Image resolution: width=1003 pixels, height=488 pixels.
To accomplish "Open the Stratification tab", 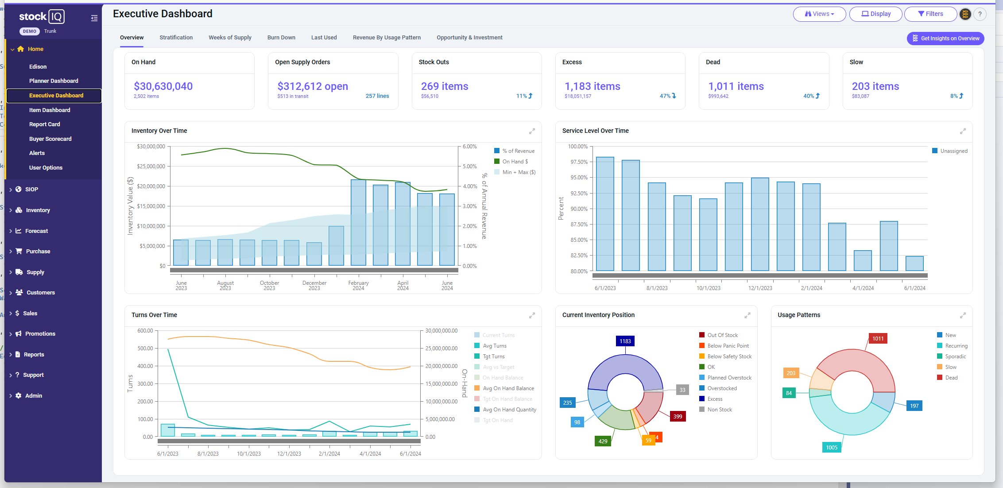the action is click(x=176, y=38).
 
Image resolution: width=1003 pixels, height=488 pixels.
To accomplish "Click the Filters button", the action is click(x=930, y=14).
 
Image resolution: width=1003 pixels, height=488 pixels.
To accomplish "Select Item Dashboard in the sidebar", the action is click(x=50, y=110).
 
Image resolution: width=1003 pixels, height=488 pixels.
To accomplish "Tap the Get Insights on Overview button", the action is click(x=945, y=39).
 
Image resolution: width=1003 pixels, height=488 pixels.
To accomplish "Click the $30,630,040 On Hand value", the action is click(x=163, y=86).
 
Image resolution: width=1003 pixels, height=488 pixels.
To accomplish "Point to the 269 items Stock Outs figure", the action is click(x=445, y=86).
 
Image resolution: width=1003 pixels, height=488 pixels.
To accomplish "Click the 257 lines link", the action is click(x=377, y=96).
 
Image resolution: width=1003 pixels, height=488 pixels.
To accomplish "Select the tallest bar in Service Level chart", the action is click(x=605, y=214).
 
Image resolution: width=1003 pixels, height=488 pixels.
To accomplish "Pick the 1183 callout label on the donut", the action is click(x=625, y=341).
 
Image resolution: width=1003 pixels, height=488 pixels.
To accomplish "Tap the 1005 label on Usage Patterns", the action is click(x=832, y=447).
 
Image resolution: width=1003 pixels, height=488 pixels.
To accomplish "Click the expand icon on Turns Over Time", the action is click(x=532, y=315).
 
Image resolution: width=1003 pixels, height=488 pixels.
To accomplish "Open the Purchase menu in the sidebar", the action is click(x=38, y=252).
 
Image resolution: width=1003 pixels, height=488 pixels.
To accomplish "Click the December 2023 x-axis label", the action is click(x=314, y=286).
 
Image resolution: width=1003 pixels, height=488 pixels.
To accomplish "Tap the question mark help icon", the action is click(x=980, y=14).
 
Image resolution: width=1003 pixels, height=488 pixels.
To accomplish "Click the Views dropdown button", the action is click(x=819, y=14).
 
